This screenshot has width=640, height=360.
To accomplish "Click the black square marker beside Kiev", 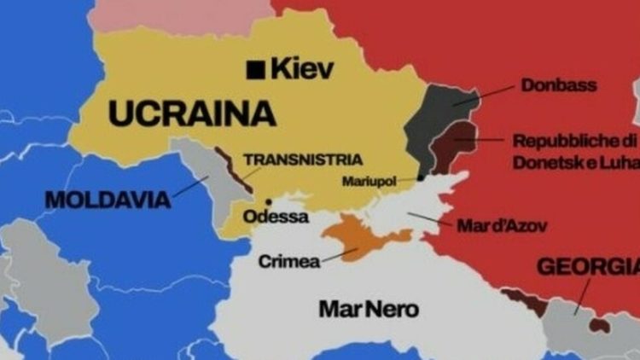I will tap(254, 70).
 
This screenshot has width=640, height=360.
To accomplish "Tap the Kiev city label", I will tap(302, 69).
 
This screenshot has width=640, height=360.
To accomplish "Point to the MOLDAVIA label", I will tap(108, 200).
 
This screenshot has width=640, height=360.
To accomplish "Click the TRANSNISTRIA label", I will tap(303, 160).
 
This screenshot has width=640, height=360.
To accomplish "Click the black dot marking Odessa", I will tap(269, 202).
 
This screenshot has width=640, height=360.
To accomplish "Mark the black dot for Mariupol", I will tap(421, 177).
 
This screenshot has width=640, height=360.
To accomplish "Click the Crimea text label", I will tap(288, 261).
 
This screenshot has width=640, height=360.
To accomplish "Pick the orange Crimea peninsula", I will tap(363, 235).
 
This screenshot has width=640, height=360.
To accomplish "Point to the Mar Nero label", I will tap(369, 309).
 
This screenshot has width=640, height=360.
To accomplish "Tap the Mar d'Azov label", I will tap(502, 226).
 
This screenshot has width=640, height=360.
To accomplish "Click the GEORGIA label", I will tap(588, 267).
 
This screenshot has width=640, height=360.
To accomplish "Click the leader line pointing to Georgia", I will tap(581, 299).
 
